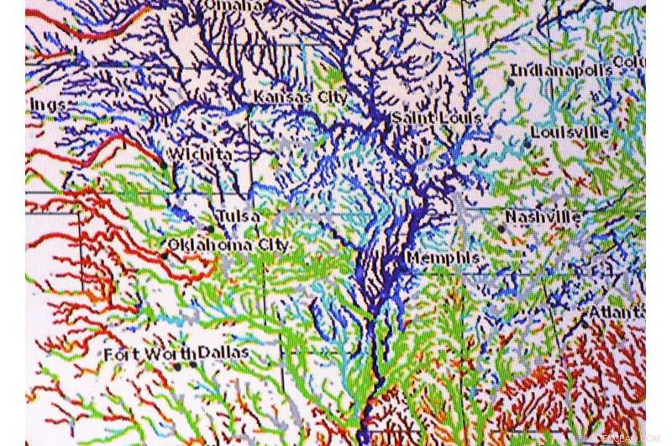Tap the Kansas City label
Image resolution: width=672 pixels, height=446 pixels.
pos(300,98)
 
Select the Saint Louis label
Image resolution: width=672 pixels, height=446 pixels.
pos(435,119)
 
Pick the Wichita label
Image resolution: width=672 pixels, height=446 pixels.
pos(199,155)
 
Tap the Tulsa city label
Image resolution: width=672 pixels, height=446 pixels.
pos(238,217)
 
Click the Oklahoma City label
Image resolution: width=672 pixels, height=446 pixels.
pos(228,245)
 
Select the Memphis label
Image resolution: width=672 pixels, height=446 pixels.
pos(443,257)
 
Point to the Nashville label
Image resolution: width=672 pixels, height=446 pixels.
pos(543,217)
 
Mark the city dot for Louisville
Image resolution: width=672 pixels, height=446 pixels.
pos(528,144)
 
